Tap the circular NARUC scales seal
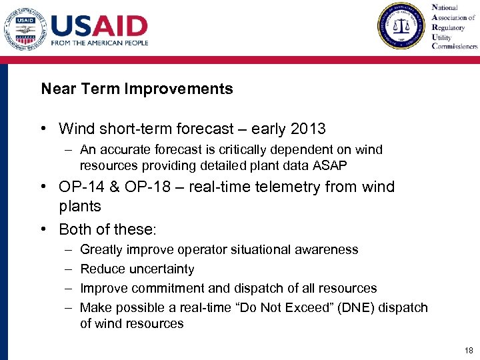401,26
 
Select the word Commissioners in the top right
455,47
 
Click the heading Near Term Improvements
137,89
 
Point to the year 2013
308,129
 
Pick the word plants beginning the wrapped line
79,207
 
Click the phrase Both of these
106,229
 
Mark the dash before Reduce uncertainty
68,269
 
